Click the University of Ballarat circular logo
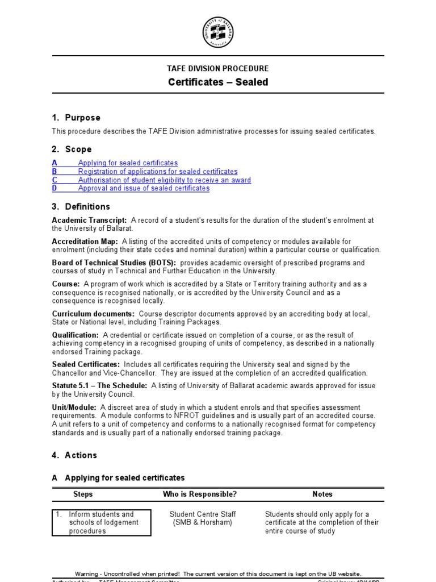pyautogui.click(x=218, y=32)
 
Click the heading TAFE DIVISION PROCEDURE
pyautogui.click(x=218, y=68)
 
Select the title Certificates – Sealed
pyautogui.click(x=218, y=82)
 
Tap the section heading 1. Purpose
pyautogui.click(x=76, y=118)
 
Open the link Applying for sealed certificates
pyautogui.click(x=128, y=163)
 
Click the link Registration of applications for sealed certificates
pyautogui.click(x=158, y=172)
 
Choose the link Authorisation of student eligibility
pyautogui.click(x=164, y=180)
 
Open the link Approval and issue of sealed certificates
pyautogui.click(x=144, y=189)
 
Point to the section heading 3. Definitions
pyautogui.click(x=81, y=206)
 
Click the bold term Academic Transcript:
pyautogui.click(x=90, y=220)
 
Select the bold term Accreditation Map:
pyautogui.click(x=85, y=242)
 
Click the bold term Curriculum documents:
pyautogui.click(x=94, y=314)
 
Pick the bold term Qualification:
pyautogui.click(x=76, y=335)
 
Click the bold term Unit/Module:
pyautogui.click(x=74, y=408)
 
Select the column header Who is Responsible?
pyautogui.click(x=200, y=494)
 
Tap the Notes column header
pyautogui.click(x=322, y=494)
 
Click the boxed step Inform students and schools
pyautogui.click(x=102, y=522)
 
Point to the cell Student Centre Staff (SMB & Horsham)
pyautogui.click(x=203, y=518)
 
